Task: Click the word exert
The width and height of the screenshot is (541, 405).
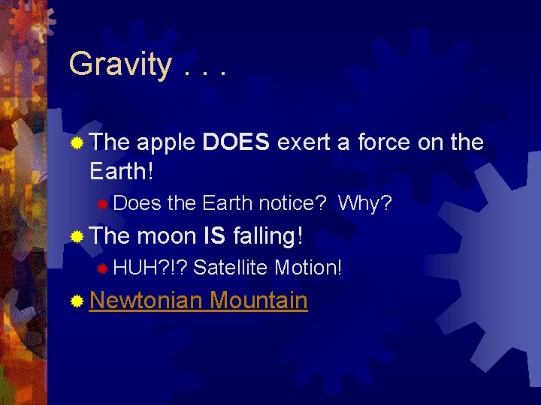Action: click(304, 142)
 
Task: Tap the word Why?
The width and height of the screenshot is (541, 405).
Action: click(365, 203)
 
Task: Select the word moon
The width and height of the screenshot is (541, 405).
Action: click(167, 236)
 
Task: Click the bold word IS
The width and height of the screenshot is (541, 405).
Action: click(215, 236)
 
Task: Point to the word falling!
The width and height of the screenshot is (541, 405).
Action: click(268, 236)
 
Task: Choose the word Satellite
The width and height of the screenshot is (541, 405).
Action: click(231, 268)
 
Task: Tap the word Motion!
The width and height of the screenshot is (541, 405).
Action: click(308, 268)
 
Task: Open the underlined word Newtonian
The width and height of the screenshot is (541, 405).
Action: click(146, 301)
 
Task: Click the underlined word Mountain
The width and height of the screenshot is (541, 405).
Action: click(258, 301)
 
